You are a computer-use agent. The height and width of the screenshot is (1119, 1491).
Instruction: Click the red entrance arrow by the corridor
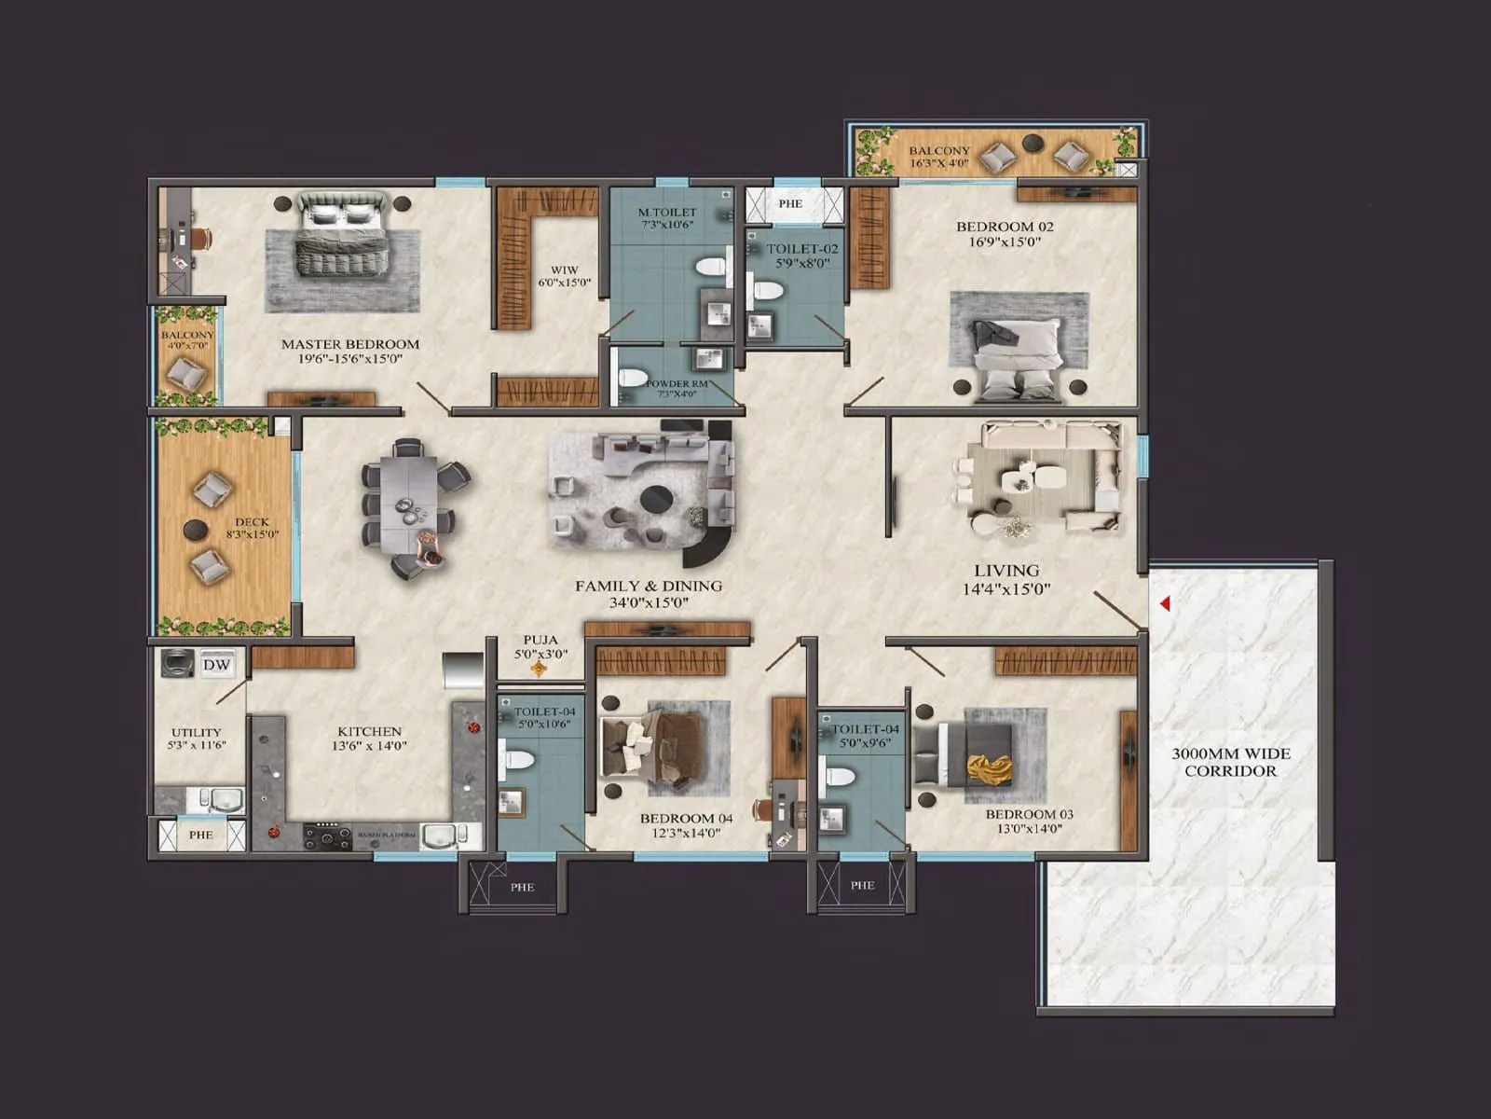[x=1165, y=604]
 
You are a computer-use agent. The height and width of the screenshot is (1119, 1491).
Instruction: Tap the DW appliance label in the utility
[x=216, y=665]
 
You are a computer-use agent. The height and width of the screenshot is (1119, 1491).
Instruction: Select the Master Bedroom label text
[x=350, y=344]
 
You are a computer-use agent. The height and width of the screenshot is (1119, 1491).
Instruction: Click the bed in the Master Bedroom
[x=341, y=234]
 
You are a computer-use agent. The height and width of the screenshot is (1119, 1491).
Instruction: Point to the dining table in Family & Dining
[x=408, y=508]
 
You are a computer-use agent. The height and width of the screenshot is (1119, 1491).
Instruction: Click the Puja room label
[x=540, y=641]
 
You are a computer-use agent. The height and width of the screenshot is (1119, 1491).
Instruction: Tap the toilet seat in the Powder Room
[x=633, y=378]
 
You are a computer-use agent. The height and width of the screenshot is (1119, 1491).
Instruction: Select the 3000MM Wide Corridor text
[x=1230, y=762]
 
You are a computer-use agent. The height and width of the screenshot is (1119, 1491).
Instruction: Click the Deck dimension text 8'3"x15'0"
[x=253, y=535]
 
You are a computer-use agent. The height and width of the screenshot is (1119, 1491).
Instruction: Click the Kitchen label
[x=369, y=732]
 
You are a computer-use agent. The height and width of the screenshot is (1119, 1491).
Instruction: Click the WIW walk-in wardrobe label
[x=565, y=270]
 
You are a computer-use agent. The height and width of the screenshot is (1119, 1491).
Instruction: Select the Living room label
[x=1006, y=571]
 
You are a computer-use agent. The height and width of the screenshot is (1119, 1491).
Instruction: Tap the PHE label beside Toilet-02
[x=790, y=203]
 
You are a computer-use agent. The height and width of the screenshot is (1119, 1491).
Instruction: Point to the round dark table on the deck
[x=196, y=531]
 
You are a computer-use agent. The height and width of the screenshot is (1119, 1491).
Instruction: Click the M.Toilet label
[x=667, y=213]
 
